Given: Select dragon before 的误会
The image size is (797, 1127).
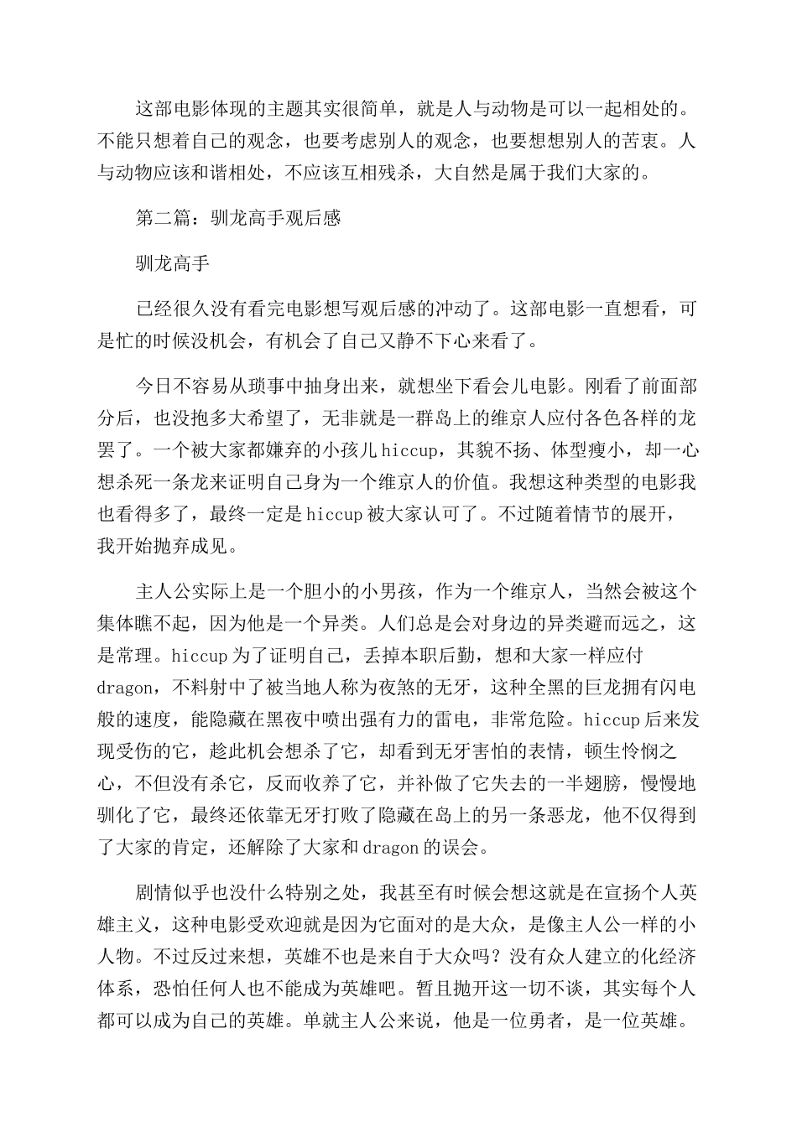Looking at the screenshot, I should click(391, 847).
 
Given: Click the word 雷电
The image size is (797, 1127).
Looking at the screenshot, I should click(484, 719).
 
